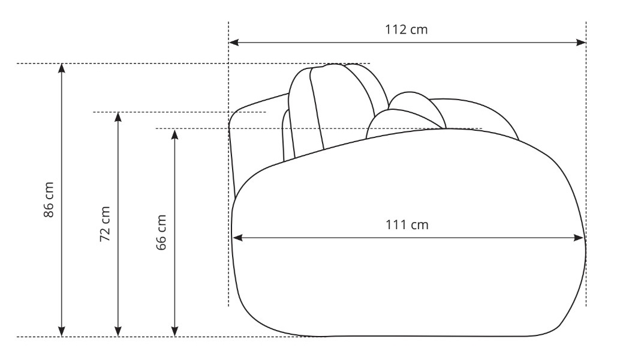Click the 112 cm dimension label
tap(406, 29)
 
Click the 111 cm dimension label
tap(407, 225)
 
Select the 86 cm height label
tap(49, 200)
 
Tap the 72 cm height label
tap(104, 224)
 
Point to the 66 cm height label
tap(161, 233)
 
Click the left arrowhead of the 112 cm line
tap(234, 43)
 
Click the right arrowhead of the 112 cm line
tap(581, 43)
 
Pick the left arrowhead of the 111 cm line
tap(237, 238)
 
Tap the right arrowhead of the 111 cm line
tap(579, 238)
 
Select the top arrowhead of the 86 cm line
tap(62, 68)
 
